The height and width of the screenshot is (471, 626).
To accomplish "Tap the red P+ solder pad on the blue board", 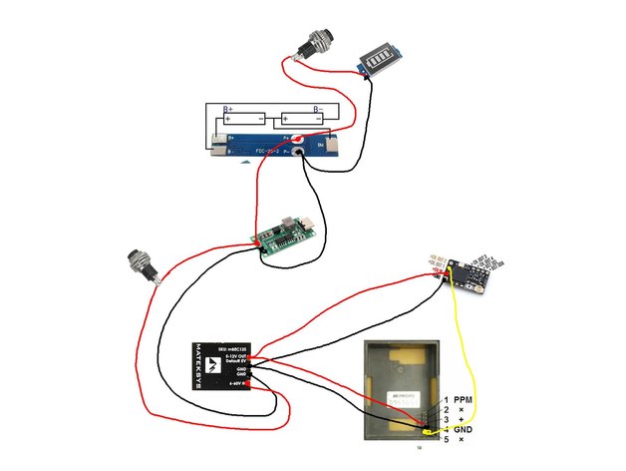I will pos(297,140).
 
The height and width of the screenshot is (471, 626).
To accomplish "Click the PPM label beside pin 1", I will pos(463,400).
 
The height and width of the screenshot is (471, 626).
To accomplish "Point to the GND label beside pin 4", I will pos(463,430).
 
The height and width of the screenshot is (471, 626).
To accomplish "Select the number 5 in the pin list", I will pos(447,440).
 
